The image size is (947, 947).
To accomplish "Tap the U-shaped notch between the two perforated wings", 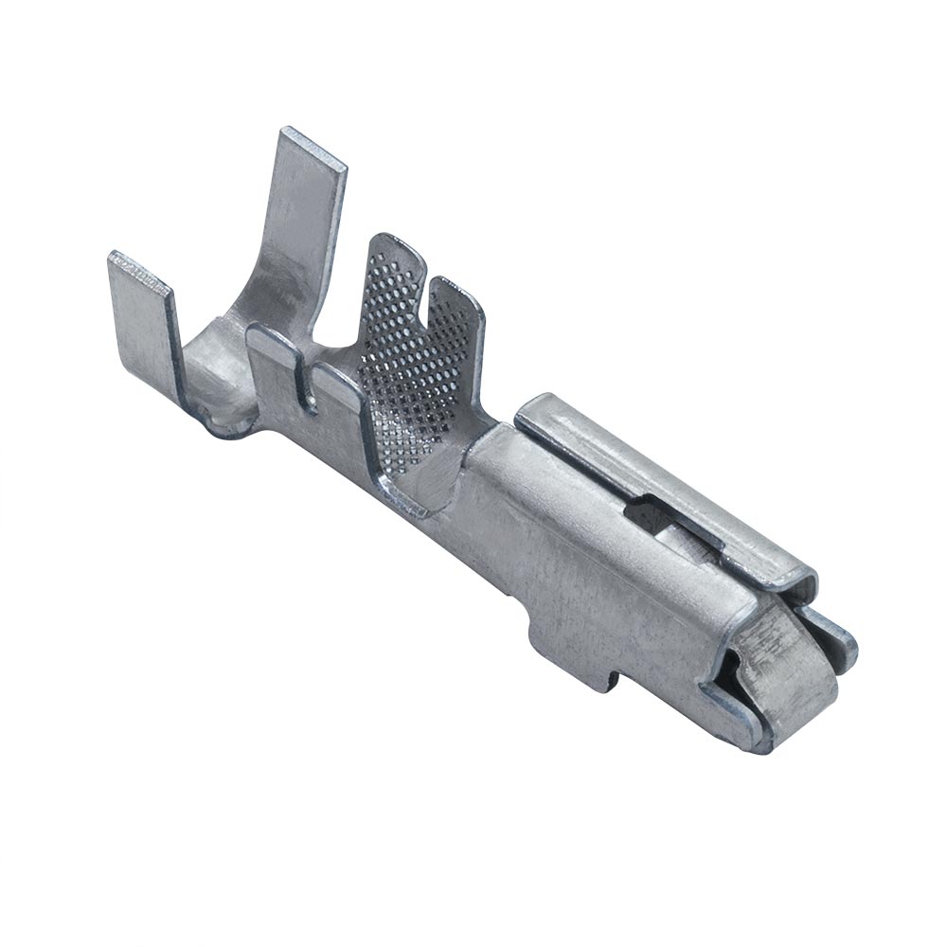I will (x=423, y=289).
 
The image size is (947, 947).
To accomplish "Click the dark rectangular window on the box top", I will (x=653, y=516).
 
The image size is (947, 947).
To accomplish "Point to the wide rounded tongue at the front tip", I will (x=786, y=682).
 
